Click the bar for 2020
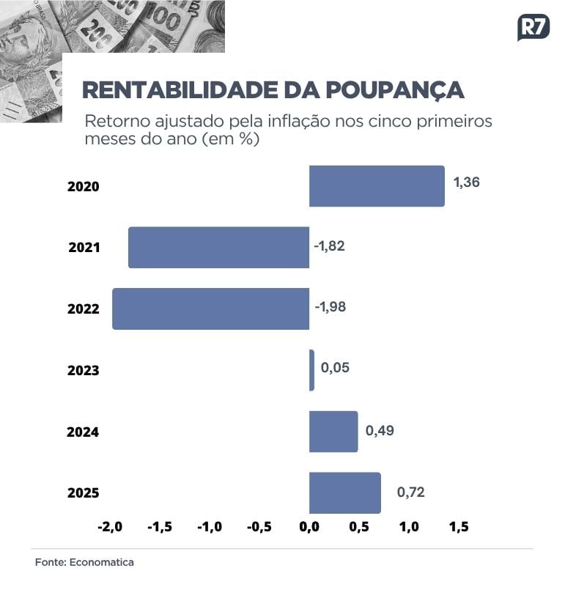[x=377, y=186]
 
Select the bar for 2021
[x=218, y=248]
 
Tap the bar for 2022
[x=210, y=309]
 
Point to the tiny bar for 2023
[x=311, y=370]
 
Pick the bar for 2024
[x=333, y=432]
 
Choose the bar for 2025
[x=344, y=492]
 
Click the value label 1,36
[x=467, y=182]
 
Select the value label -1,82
[x=329, y=246]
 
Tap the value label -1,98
[x=330, y=306]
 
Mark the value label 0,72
[x=410, y=492]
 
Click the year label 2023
[x=83, y=371]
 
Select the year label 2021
[x=84, y=248]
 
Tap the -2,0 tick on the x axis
[x=109, y=527]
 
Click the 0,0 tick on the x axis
[x=309, y=527]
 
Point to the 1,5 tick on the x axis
[x=458, y=527]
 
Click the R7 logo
[x=533, y=28]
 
